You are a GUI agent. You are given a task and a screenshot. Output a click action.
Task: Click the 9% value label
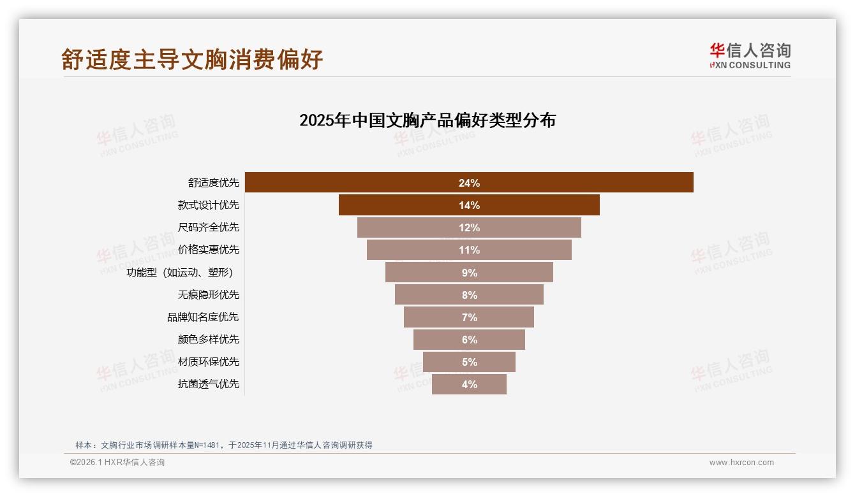pyautogui.click(x=469, y=273)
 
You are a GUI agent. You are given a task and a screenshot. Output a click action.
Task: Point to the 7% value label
pyautogui.click(x=469, y=317)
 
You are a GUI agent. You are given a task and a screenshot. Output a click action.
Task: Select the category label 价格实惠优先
pyautogui.click(x=209, y=250)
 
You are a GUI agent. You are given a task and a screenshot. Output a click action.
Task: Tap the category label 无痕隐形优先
pyautogui.click(x=209, y=294)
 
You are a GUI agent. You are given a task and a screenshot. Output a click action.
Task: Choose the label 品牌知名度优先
pyautogui.click(x=203, y=317)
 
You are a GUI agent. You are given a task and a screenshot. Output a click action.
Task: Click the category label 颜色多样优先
pyautogui.click(x=209, y=339)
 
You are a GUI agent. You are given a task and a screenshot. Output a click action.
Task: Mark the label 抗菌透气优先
pyautogui.click(x=209, y=384)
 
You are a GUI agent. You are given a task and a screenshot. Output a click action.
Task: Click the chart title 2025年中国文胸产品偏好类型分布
pyautogui.click(x=427, y=120)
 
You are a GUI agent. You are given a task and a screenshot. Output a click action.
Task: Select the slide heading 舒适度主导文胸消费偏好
pyautogui.click(x=192, y=59)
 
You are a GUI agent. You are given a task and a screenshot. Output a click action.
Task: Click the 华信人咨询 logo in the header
pyautogui.click(x=750, y=55)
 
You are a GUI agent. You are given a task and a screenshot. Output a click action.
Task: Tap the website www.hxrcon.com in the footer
pyautogui.click(x=741, y=463)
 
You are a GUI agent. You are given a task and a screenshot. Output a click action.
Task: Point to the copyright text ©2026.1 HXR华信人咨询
pyautogui.click(x=117, y=463)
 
